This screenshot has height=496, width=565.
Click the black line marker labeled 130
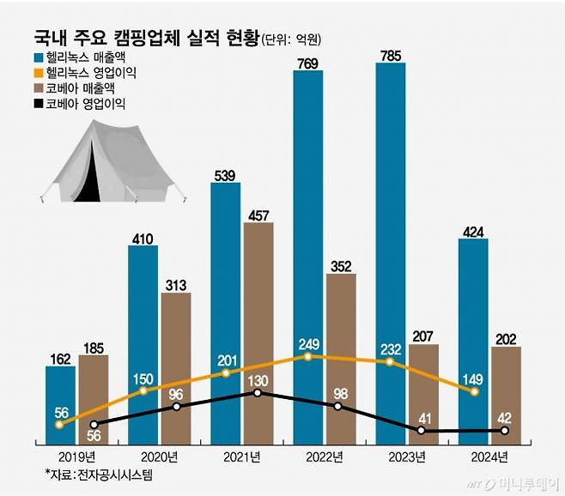click(x=258, y=393)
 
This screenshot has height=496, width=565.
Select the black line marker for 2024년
click(x=505, y=430)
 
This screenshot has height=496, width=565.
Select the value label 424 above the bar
click(x=473, y=230)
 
